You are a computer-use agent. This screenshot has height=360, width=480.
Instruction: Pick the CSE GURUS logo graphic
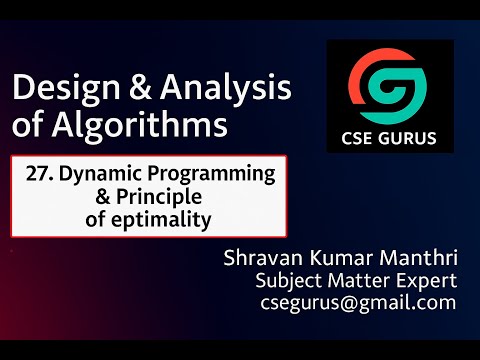coord(389,85)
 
